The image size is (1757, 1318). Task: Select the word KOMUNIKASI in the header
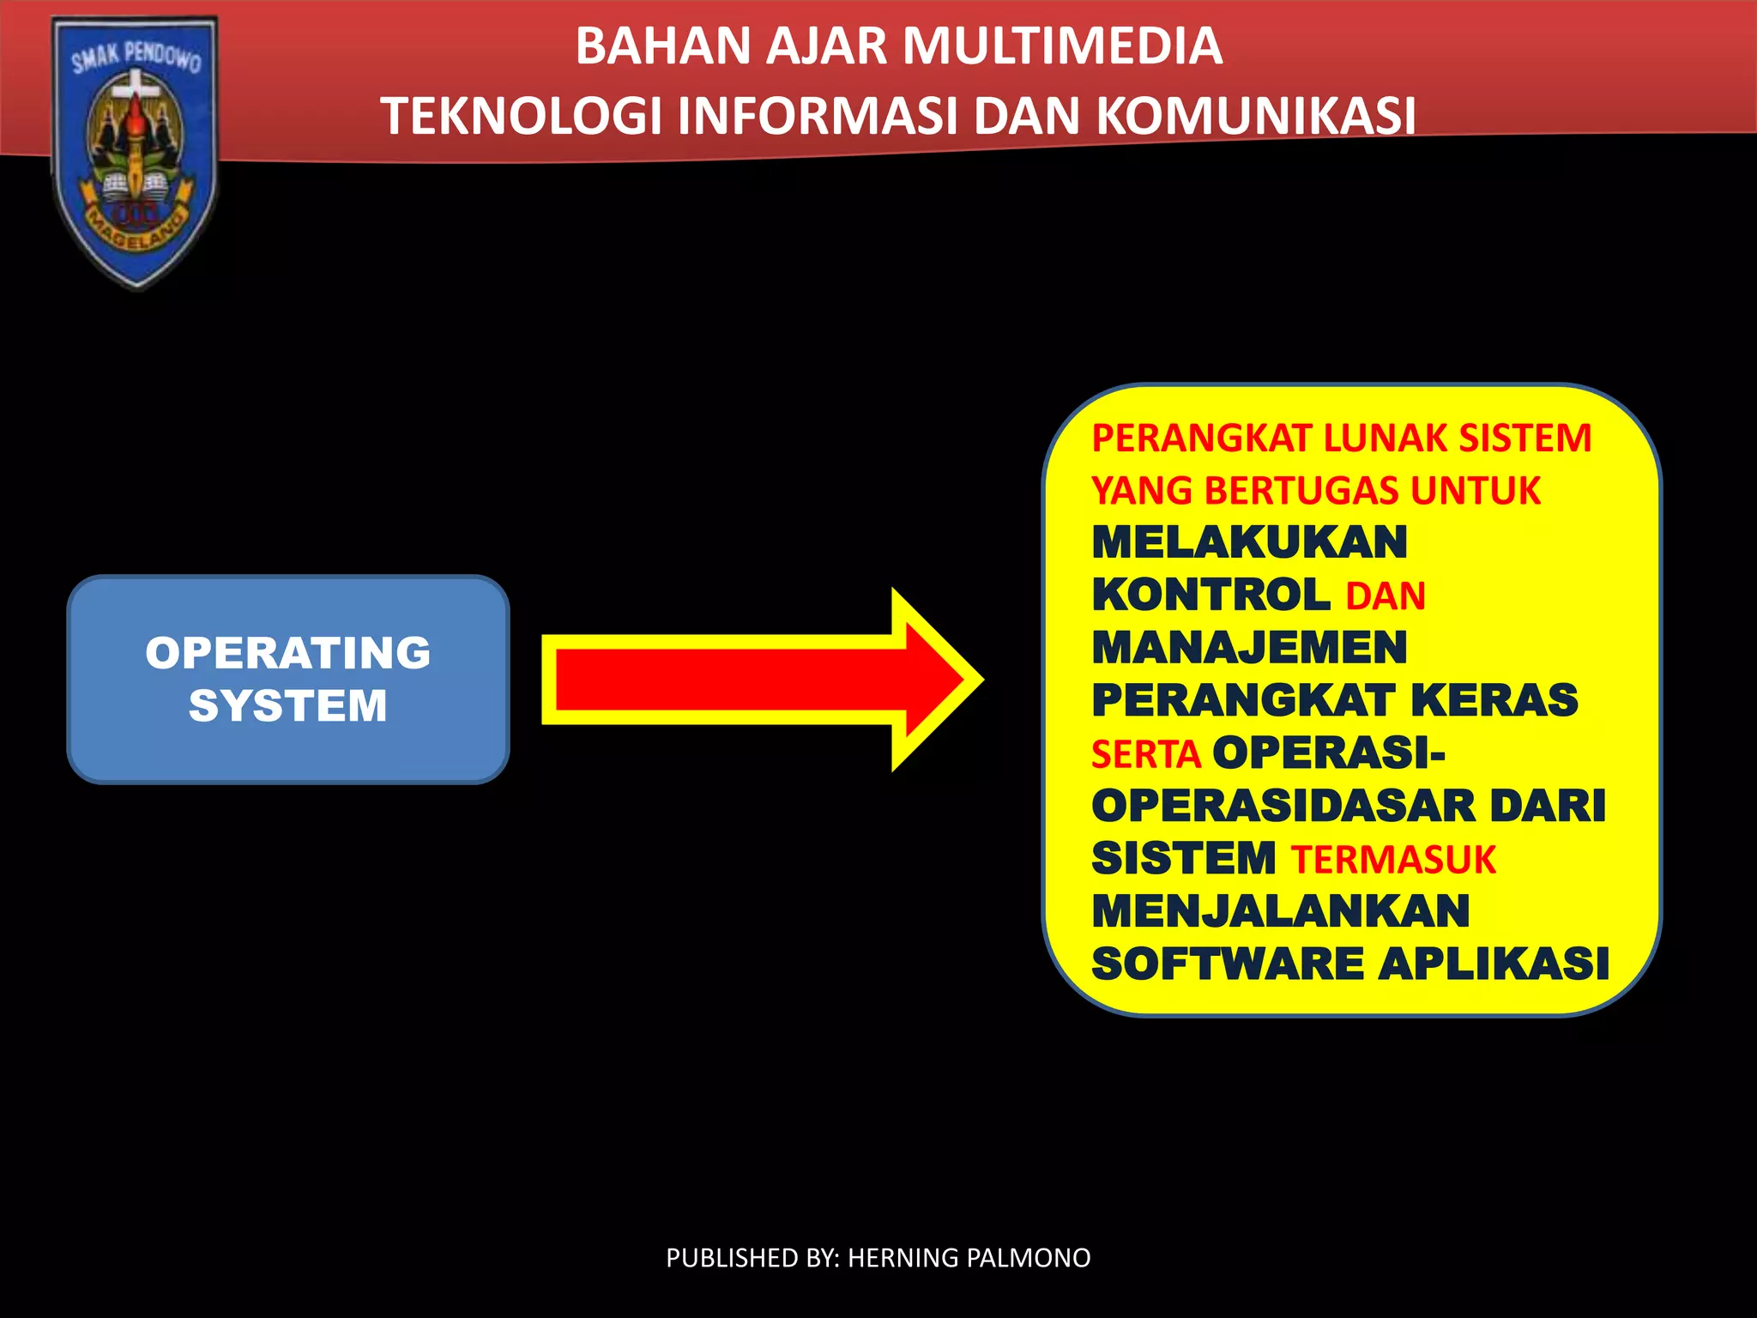click(x=1256, y=116)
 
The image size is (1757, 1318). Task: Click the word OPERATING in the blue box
click(x=288, y=653)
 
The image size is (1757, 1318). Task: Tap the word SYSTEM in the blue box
click(x=288, y=706)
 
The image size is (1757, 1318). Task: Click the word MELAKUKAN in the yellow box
click(x=1249, y=543)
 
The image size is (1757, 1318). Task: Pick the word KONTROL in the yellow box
click(x=1211, y=596)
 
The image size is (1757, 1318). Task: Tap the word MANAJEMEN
click(x=1249, y=648)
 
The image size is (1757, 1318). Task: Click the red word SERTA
click(x=1145, y=754)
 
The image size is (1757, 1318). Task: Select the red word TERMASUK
click(x=1393, y=860)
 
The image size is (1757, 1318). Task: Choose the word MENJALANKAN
click(x=1280, y=911)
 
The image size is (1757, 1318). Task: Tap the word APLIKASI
click(x=1494, y=964)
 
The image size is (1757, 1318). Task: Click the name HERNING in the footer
click(x=903, y=1258)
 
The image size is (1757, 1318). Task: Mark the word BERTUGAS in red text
click(x=1302, y=491)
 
